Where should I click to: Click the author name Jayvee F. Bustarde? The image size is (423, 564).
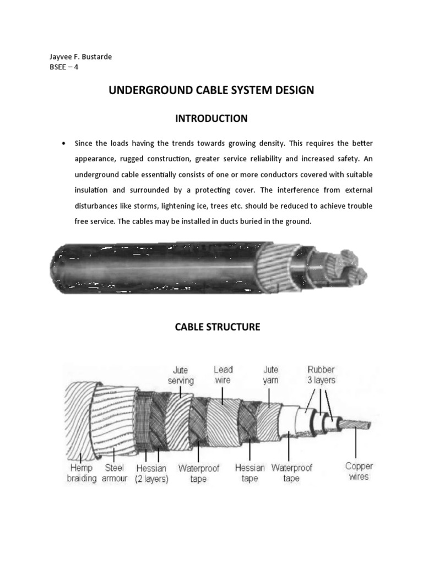click(81, 57)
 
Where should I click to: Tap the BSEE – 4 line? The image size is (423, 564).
click(64, 67)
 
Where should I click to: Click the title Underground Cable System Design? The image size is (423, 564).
click(211, 90)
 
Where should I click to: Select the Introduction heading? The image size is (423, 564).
click(211, 118)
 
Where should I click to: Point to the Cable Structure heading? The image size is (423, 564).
click(217, 327)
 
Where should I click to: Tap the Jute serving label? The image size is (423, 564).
click(180, 376)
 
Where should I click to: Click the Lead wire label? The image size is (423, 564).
click(223, 375)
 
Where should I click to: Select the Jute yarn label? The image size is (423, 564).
click(270, 375)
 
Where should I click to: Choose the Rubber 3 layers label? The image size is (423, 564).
click(321, 375)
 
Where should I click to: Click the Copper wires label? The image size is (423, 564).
click(359, 471)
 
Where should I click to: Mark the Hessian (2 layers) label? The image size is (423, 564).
click(151, 473)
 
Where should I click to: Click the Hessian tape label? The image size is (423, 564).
click(250, 473)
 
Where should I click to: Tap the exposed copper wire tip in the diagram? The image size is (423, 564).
click(358, 424)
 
